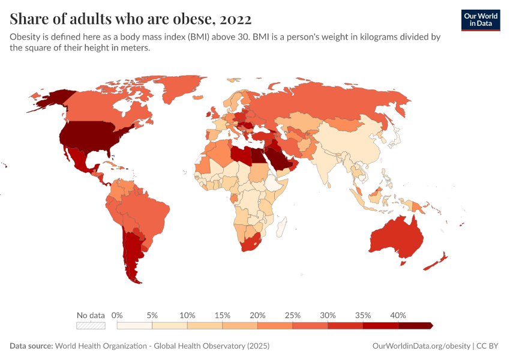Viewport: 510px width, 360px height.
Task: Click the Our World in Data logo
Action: [x=480, y=20]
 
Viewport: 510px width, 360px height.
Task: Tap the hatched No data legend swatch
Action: [x=91, y=325]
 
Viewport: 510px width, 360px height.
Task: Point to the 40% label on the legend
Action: [x=398, y=315]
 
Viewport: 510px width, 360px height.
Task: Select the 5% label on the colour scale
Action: [x=152, y=315]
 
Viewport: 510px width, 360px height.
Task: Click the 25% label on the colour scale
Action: [x=293, y=315]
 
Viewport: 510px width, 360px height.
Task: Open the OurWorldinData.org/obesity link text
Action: [x=421, y=346]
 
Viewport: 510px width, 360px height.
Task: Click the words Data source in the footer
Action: [x=31, y=346]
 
